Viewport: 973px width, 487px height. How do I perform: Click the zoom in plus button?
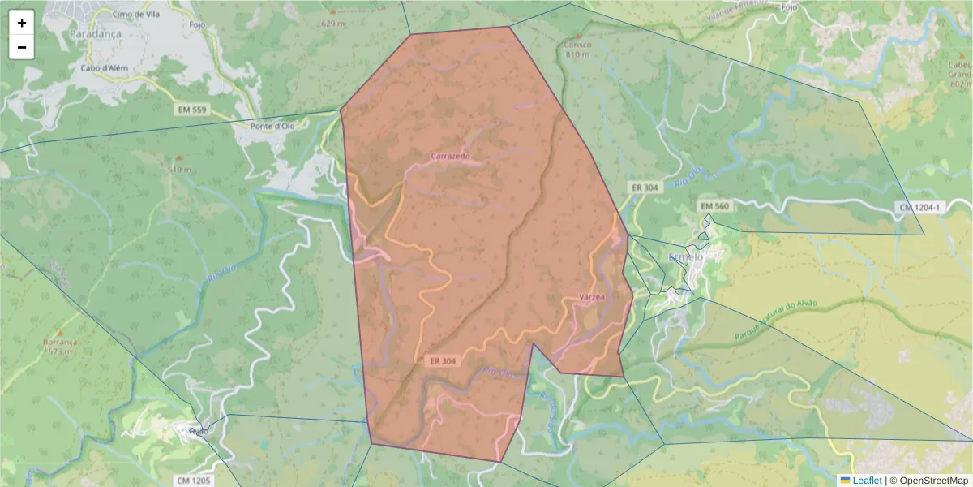point(22,23)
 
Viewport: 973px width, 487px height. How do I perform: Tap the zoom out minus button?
point(22,47)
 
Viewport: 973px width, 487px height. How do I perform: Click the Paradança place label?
point(95,34)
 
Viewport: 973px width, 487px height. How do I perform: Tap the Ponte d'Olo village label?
point(272,126)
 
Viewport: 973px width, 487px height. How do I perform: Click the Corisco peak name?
point(577,45)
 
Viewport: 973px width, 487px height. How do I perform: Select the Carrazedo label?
point(450,155)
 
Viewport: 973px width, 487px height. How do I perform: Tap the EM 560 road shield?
point(714,206)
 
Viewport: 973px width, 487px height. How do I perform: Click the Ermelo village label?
point(685,257)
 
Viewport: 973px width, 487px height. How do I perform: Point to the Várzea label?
point(593,298)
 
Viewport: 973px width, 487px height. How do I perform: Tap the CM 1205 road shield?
point(194,481)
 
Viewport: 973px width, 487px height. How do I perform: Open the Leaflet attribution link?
point(867,481)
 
